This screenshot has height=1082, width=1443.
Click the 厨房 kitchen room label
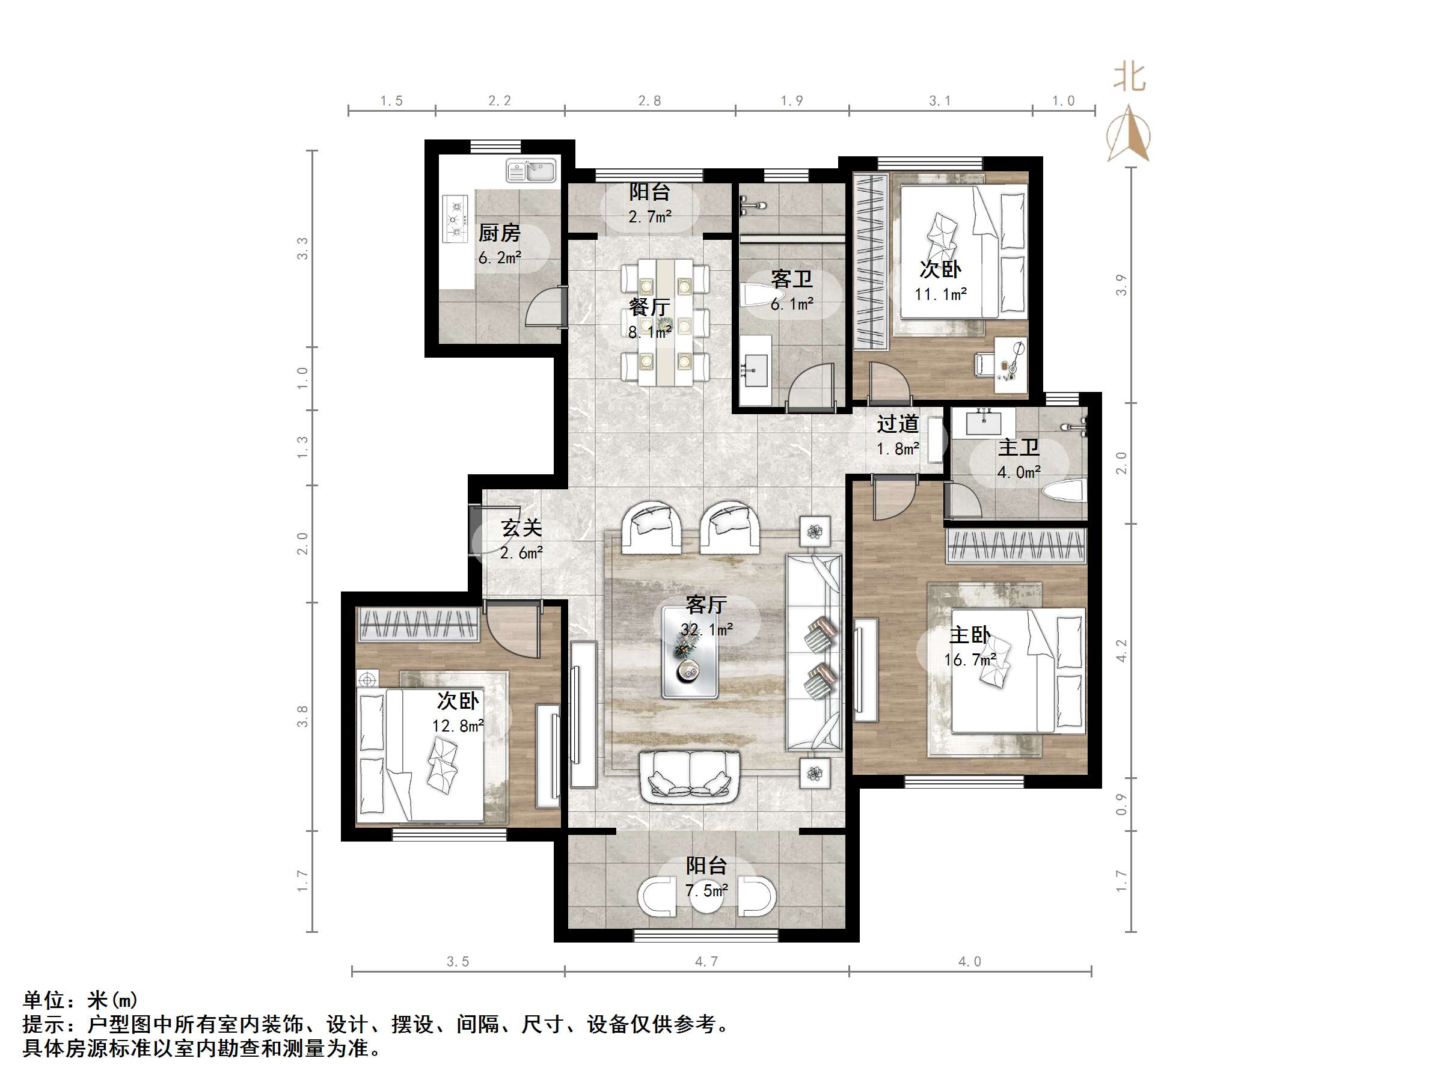point(499,233)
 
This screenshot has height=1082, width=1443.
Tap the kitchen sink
point(531,171)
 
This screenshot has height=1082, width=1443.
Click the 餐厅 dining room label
point(649,307)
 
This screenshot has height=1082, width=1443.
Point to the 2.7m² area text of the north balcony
point(650,216)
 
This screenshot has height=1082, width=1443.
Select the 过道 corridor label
point(897,424)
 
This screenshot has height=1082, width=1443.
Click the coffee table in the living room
point(690,652)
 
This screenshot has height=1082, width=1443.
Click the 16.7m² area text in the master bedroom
point(969,660)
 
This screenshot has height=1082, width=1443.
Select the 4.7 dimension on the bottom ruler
point(706,961)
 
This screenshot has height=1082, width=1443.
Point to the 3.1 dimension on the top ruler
point(939,100)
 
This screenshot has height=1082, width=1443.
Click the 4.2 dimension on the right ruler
point(1121,650)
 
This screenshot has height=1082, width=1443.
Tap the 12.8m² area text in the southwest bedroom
point(458,726)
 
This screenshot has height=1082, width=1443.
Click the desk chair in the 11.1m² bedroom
point(984,363)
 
